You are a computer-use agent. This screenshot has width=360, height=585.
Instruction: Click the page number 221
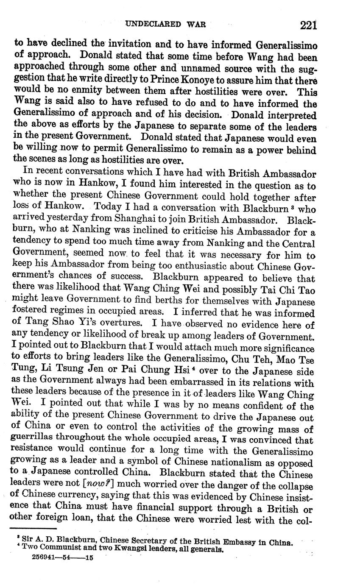[x=308, y=25]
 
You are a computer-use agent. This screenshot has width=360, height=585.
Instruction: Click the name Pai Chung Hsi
[x=152, y=372]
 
